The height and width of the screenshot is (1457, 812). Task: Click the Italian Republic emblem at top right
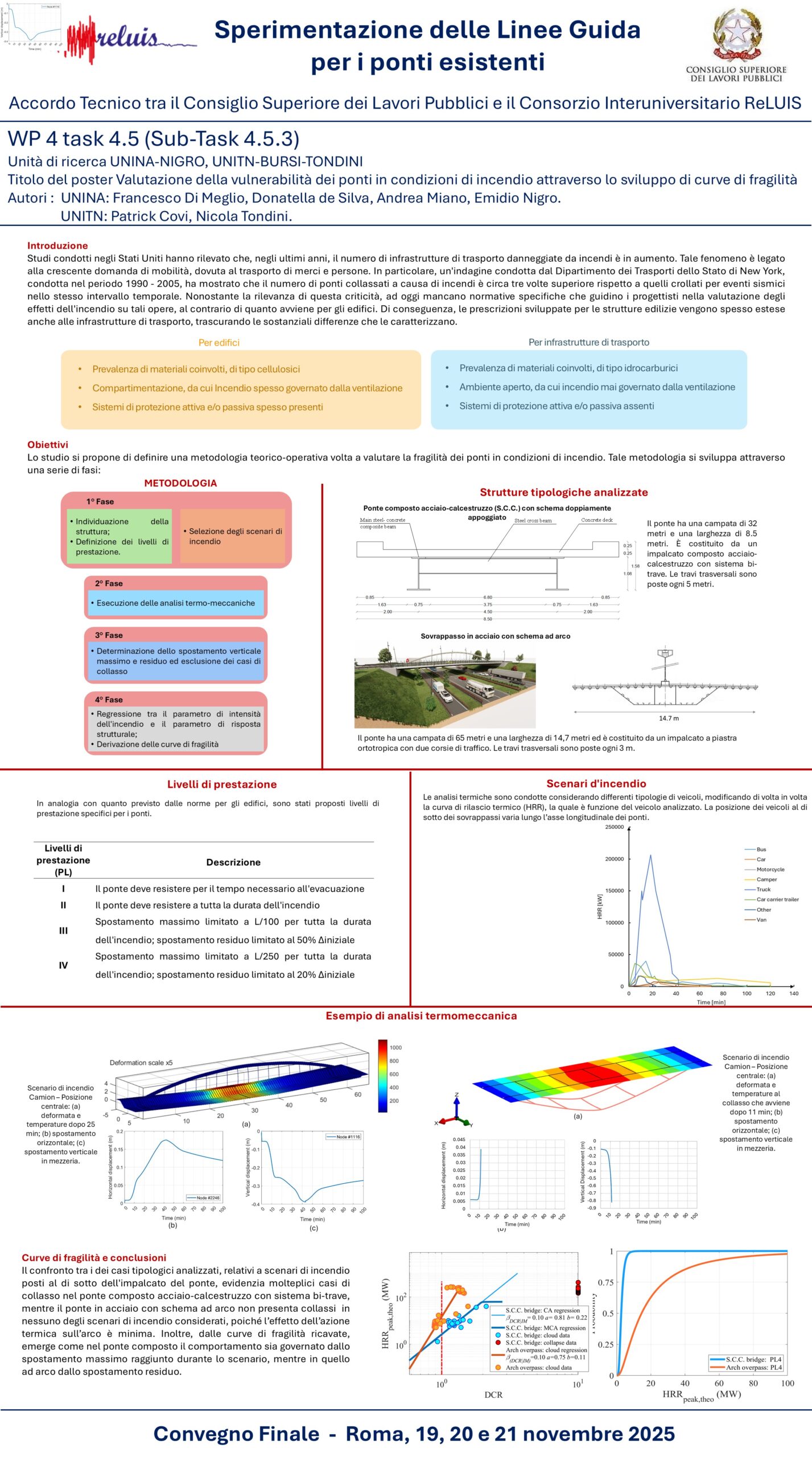tap(737, 35)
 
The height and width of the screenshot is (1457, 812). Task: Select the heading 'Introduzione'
tap(57, 246)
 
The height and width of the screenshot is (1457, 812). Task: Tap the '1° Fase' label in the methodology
tap(100, 501)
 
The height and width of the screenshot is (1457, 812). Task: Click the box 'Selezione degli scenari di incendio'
tap(233, 536)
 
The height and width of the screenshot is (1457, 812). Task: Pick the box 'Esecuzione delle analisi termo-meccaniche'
tap(175, 603)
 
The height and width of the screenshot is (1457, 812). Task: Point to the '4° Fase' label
tap(109, 699)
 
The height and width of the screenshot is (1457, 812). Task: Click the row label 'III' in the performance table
tap(63, 931)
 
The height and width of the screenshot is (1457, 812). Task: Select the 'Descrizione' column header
tap(233, 862)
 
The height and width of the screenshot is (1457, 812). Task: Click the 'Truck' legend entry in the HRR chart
tap(763, 890)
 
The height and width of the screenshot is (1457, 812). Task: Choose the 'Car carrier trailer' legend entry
tap(777, 900)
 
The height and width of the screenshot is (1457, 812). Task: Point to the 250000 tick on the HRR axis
tap(615, 828)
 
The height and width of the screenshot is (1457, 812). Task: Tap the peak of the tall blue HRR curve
tap(651, 855)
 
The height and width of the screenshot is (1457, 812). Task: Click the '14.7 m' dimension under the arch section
tap(669, 718)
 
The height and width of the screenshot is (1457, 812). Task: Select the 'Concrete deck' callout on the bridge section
tap(597, 520)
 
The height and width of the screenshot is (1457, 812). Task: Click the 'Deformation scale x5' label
tap(141, 1063)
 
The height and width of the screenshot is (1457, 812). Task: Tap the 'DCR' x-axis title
tap(493, 1394)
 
